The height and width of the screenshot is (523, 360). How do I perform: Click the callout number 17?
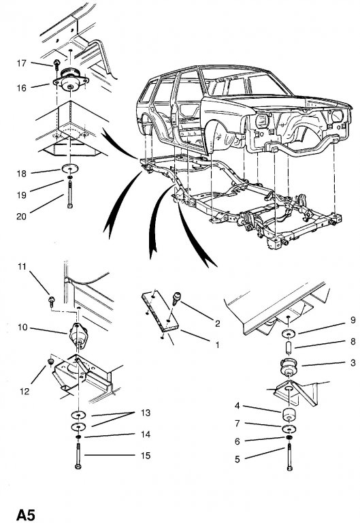[21, 63]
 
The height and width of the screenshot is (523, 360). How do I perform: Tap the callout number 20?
[21, 217]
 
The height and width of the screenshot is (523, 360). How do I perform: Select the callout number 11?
[22, 266]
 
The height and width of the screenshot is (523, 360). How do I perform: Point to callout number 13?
[146, 413]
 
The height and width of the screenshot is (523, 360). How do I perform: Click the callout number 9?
[353, 320]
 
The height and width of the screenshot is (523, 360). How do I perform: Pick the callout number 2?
[217, 323]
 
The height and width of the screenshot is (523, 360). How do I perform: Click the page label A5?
[26, 515]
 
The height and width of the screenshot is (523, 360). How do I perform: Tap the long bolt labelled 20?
[70, 194]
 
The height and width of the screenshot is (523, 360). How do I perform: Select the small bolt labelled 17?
[56, 65]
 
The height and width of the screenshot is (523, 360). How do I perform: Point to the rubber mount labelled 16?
[71, 80]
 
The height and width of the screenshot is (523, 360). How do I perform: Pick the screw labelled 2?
[176, 298]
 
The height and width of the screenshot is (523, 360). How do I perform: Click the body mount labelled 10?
[78, 336]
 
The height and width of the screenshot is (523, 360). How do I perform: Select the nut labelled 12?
[50, 362]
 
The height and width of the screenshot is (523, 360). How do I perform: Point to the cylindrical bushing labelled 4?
[289, 414]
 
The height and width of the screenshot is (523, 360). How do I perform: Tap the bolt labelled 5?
[289, 457]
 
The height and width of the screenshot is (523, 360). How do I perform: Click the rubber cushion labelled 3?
[289, 366]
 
